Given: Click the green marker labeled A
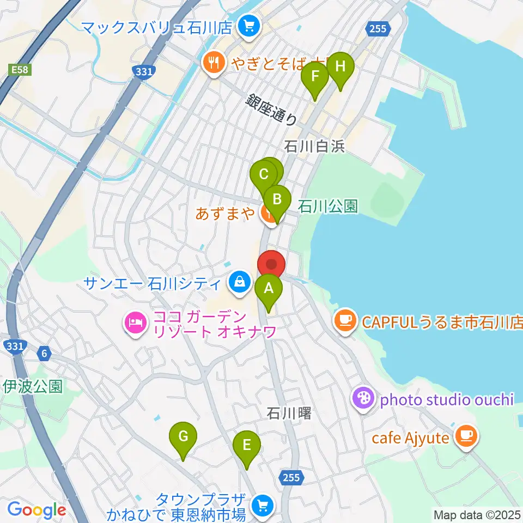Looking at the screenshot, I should [x=268, y=289].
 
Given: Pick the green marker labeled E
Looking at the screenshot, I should [x=247, y=446].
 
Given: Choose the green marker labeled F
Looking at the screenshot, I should [x=315, y=77].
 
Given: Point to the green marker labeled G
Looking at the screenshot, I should [x=183, y=436].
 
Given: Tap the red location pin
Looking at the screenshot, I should [x=271, y=265].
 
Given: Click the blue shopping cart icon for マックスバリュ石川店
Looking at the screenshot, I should [x=250, y=26].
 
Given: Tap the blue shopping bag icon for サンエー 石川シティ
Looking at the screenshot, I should [x=239, y=282].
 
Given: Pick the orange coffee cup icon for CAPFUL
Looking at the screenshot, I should [x=344, y=318].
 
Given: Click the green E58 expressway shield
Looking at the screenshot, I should [x=19, y=70].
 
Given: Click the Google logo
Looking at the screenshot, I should [x=37, y=510].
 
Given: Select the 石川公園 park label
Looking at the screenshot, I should [x=327, y=206].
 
